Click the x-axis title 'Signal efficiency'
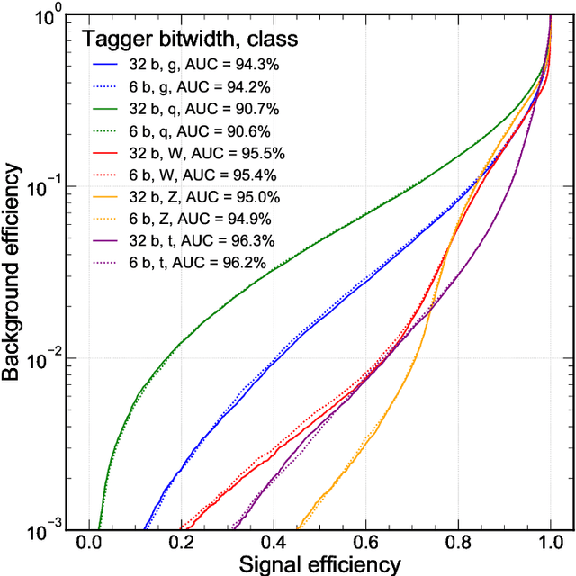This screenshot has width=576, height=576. click(x=319, y=564)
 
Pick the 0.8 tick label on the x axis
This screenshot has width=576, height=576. click(x=458, y=544)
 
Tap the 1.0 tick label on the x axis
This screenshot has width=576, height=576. click(x=550, y=544)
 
